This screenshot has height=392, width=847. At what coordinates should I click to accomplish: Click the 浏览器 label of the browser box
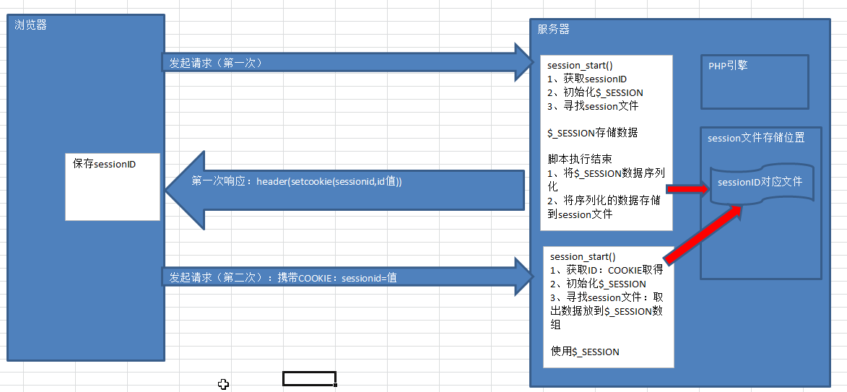pyautogui.click(x=31, y=25)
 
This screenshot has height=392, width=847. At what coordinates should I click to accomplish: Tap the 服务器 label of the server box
pyautogui.click(x=554, y=29)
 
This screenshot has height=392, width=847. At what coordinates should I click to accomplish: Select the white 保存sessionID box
pyautogui.click(x=113, y=187)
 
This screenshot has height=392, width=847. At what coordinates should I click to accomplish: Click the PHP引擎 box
pyautogui.click(x=755, y=82)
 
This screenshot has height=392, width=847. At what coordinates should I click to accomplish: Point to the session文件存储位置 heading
pyautogui.click(x=756, y=138)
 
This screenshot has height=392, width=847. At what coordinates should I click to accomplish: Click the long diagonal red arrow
pyautogui.click(x=703, y=235)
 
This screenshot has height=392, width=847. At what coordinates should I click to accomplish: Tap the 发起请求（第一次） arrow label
pyautogui.click(x=216, y=64)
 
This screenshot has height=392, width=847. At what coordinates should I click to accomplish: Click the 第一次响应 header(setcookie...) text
pyautogui.click(x=297, y=182)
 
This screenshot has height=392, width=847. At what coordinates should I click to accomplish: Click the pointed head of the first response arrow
pyautogui.click(x=165, y=190)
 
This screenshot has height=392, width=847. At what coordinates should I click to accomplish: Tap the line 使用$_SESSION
pyautogui.click(x=584, y=352)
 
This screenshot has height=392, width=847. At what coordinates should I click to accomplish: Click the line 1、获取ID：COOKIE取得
pyautogui.click(x=606, y=271)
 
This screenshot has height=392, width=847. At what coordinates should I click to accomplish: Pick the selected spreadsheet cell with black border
pyautogui.click(x=310, y=379)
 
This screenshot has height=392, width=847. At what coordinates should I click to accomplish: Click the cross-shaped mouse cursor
pyautogui.click(x=223, y=384)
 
